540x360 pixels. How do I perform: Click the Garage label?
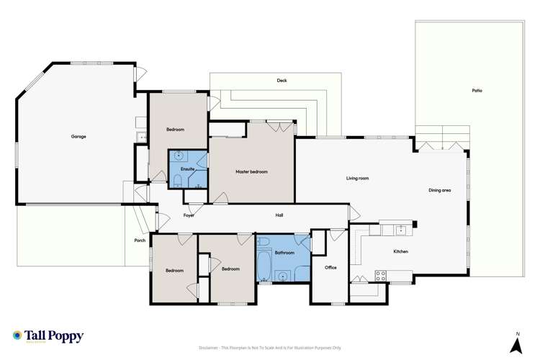coord(78,136)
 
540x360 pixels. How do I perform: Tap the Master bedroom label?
coord(251,171)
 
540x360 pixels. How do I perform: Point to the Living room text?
coord(357,178)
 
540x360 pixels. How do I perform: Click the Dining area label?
coord(439,190)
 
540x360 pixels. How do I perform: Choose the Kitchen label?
coord(400,251)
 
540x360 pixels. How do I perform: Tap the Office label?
coord(330,267)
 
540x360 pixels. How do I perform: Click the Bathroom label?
coord(284,253)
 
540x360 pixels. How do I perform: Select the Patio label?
coord(477,91)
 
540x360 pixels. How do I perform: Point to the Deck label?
coord(282,81)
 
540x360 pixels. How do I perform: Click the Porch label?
coord(140,240)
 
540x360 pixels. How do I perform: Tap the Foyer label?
coord(189,215)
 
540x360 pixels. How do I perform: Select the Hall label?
coord(279,215)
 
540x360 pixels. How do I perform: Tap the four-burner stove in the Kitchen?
coord(380,275)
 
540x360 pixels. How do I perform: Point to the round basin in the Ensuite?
coord(178,156)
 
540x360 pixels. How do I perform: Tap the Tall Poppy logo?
coord(48,336)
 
